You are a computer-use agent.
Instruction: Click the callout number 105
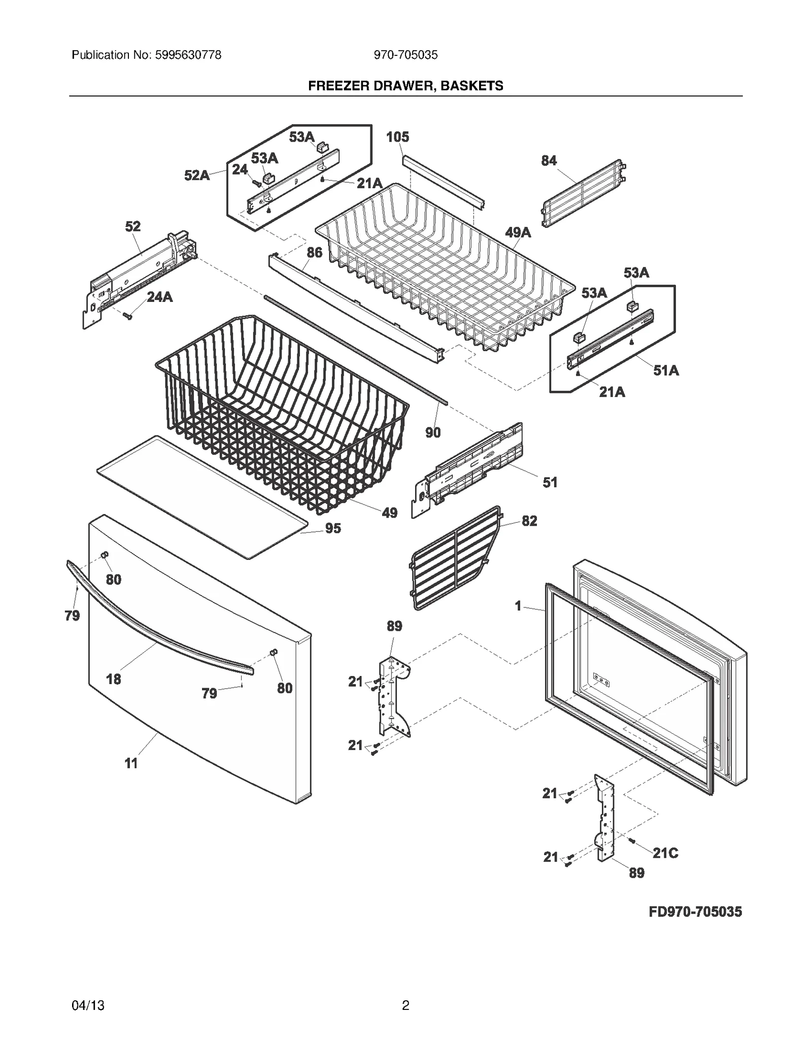397,137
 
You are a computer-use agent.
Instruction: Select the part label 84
549,161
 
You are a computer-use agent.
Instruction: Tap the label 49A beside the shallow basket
518,232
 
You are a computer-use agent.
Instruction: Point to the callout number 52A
197,176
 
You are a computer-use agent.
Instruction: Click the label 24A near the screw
160,297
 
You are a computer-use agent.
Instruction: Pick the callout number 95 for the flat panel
333,528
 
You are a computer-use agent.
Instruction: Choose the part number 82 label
529,521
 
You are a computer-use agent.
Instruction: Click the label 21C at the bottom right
665,853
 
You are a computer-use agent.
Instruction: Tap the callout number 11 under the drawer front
131,763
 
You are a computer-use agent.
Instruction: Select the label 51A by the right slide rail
666,370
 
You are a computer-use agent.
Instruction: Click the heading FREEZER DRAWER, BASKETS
405,86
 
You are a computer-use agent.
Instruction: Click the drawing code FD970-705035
695,912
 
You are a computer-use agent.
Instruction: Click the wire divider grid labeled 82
454,558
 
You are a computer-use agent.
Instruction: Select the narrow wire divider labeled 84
584,194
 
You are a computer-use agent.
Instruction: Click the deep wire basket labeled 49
282,416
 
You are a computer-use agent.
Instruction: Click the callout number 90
433,432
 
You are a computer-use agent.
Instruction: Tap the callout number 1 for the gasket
518,606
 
